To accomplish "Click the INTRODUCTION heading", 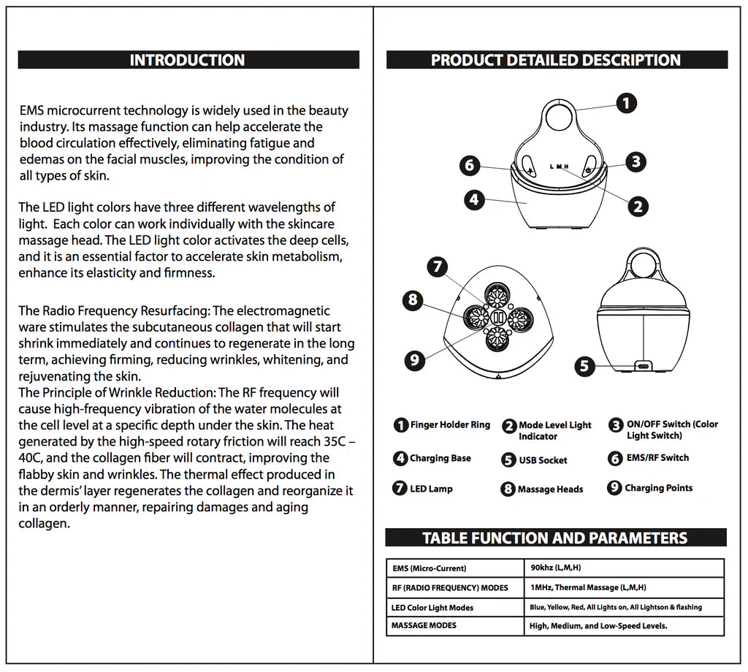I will pyautogui.click(x=187, y=60).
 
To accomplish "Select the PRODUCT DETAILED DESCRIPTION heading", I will pyautogui.click(x=556, y=60).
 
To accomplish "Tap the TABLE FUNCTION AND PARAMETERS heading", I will pyautogui.click(x=555, y=538).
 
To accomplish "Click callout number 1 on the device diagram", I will pyautogui.click(x=626, y=103).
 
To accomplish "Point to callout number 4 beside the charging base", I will pyautogui.click(x=475, y=199).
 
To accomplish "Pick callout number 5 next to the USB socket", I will pyautogui.click(x=584, y=365).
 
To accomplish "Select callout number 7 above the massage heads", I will pyautogui.click(x=437, y=266).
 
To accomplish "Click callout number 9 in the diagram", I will pyautogui.click(x=414, y=359).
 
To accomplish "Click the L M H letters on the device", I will pyautogui.click(x=559, y=167).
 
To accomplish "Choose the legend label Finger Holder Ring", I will pyautogui.click(x=450, y=425).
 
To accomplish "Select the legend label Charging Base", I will pyautogui.click(x=440, y=459).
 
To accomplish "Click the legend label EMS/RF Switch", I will pyautogui.click(x=657, y=458).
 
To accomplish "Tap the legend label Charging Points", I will pyautogui.click(x=658, y=488).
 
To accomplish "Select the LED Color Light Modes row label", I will pyautogui.click(x=432, y=608).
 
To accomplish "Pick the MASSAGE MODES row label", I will pyautogui.click(x=424, y=625).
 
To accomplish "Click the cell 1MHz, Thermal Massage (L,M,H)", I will pyautogui.click(x=588, y=587).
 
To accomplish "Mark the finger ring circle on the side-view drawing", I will pyautogui.click(x=644, y=264).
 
